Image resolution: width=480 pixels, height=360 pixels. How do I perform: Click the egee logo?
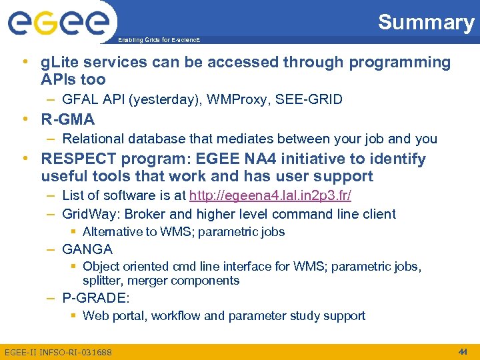58,23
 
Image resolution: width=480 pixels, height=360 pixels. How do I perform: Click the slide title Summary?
425,22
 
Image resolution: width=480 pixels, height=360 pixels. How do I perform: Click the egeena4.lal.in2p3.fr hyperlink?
270,196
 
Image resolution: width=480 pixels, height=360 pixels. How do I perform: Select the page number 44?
463,351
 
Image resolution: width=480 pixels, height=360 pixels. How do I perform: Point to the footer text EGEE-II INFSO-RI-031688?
58,352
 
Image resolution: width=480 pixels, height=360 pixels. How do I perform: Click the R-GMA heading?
68,120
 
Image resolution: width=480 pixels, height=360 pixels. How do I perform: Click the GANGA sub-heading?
87,249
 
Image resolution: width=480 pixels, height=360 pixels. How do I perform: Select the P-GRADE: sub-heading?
96,298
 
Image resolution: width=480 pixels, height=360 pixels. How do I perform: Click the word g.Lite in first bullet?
58,63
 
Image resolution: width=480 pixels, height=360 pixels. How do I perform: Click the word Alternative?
111,232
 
